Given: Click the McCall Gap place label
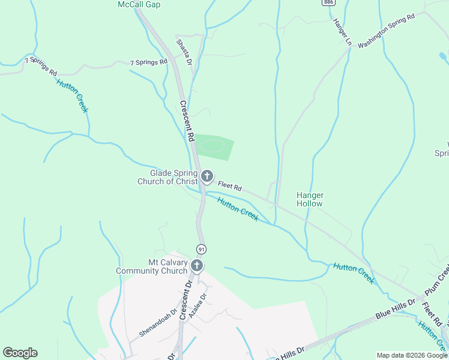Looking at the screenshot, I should click(x=137, y=4).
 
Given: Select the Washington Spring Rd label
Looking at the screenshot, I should click(x=387, y=32).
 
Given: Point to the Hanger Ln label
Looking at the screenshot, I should click(x=342, y=31).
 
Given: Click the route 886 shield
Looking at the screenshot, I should click(x=328, y=2).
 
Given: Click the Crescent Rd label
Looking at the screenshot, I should click(x=187, y=121).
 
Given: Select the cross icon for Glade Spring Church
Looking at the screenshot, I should click(x=207, y=176).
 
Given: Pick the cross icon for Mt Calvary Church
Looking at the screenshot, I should click(x=197, y=266).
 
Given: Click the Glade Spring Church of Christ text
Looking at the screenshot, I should click(x=167, y=177).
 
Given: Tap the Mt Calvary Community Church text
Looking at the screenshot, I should click(x=152, y=266).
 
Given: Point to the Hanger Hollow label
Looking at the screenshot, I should click(x=310, y=199).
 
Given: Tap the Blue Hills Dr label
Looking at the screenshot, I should click(x=396, y=308).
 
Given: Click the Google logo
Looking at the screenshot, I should click(x=20, y=353).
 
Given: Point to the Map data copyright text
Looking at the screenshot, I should click(x=411, y=355).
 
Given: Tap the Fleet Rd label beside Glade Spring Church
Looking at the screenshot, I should click(x=230, y=187).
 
